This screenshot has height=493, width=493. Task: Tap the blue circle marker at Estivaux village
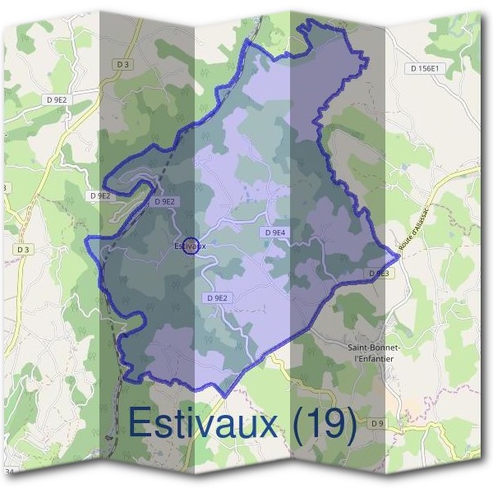pos(190,246)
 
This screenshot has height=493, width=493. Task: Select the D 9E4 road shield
pos(274,233)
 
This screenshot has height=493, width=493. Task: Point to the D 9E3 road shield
pos(378,273)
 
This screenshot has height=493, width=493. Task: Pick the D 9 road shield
pos(377,423)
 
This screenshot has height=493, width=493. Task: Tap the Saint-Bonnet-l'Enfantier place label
pos(373,352)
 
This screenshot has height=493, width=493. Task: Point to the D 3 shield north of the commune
pos(123,64)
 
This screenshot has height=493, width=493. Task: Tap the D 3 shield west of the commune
pos(21,248)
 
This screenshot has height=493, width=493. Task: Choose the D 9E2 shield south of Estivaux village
pos(218,298)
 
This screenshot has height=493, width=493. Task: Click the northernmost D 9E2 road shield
pos(58,99)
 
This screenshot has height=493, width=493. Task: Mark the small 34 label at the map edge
pos(10,472)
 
